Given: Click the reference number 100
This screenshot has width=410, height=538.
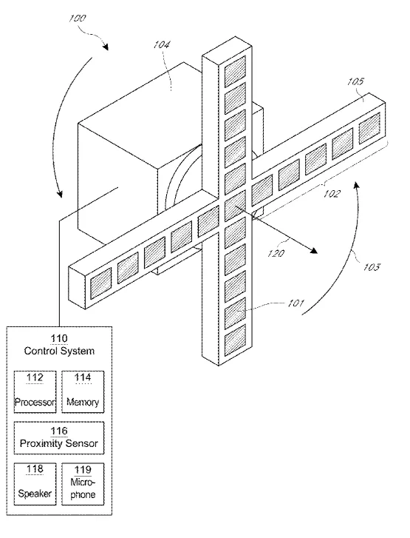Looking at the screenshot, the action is tap(77, 18).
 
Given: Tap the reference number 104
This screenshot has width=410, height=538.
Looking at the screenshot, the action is tap(161, 44).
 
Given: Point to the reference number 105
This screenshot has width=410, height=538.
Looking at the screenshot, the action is tap(355, 81).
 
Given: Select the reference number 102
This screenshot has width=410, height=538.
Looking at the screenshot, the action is tap(332, 194).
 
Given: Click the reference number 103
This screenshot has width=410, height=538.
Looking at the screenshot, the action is tap(372, 266).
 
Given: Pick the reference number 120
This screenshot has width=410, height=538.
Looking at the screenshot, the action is tap(276, 253).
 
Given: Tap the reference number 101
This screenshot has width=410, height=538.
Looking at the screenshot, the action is tap(295, 303).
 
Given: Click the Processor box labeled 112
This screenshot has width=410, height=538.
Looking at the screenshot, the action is tap(35, 391).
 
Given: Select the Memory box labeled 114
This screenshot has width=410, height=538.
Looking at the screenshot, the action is tap(83, 391).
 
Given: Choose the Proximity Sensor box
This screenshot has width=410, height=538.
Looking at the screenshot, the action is tap(59, 438).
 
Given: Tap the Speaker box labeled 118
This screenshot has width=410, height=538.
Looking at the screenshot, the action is tap(35, 484).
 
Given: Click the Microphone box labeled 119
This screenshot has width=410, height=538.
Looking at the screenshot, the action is tap(83, 484).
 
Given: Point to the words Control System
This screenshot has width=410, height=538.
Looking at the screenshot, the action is tap(59, 351).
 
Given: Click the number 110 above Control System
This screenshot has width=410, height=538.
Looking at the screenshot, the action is tap(59, 339).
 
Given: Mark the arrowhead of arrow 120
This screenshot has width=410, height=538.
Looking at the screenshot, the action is tap(313, 250).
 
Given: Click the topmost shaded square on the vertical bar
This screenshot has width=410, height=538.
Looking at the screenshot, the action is tap(235, 71).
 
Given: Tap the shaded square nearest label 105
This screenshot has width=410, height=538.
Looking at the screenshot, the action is tap(369, 128).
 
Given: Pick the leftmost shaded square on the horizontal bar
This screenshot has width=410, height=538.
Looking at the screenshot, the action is tap(100, 283).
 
